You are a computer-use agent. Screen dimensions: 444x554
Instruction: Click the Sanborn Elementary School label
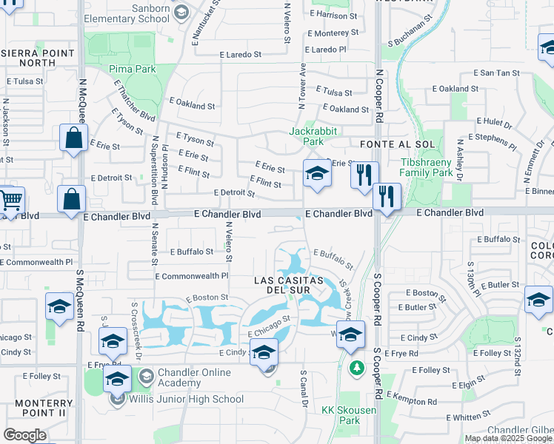pyautogui.click(x=126, y=13)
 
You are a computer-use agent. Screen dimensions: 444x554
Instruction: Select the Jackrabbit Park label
pyautogui.click(x=307, y=136)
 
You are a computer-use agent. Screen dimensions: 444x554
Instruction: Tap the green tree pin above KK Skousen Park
pyautogui.click(x=357, y=367)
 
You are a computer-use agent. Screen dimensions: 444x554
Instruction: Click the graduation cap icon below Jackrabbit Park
pyautogui.click(x=317, y=174)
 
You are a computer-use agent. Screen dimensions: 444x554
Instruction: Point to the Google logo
pyautogui.click(x=24, y=434)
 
